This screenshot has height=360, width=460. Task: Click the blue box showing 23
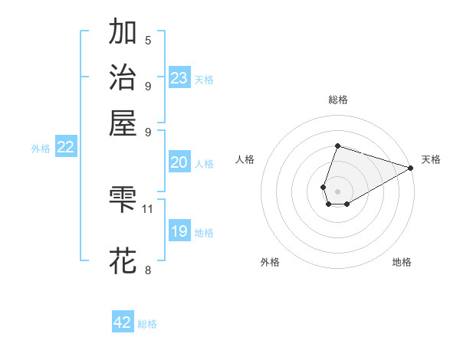click(x=179, y=78)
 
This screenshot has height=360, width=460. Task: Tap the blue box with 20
click(x=179, y=162)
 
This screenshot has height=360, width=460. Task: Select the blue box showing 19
click(x=179, y=231)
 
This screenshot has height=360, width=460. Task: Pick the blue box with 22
click(x=66, y=148)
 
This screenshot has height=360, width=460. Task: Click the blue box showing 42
click(x=123, y=322)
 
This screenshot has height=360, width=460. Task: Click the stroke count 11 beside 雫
click(x=148, y=208)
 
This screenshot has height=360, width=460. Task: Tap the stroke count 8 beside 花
click(x=148, y=270)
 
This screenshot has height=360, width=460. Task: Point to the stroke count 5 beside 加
click(x=148, y=41)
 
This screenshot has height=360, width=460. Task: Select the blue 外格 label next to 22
click(x=41, y=149)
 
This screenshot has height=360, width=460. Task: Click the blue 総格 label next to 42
click(x=147, y=324)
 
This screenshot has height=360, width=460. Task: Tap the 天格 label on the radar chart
click(x=431, y=159)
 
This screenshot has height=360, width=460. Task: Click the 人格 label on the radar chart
click(x=245, y=159)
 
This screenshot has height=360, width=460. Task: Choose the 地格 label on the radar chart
click(x=402, y=263)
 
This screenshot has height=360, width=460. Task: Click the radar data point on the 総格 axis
click(x=337, y=146)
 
